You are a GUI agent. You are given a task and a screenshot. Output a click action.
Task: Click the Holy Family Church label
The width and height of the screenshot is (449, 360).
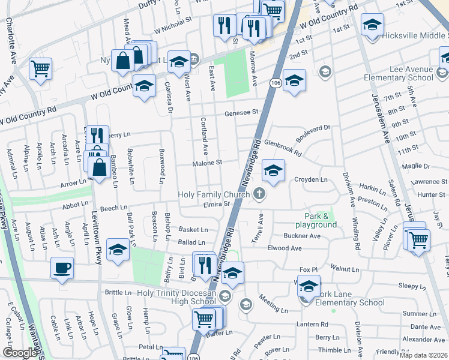tap(214, 194)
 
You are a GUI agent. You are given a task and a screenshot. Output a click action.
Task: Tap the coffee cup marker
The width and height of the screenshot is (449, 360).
tap(62, 268)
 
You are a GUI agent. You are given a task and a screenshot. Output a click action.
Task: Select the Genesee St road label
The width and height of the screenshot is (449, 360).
tap(241, 112)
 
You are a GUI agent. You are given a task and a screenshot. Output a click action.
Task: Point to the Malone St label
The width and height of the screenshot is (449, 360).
tap(207, 163)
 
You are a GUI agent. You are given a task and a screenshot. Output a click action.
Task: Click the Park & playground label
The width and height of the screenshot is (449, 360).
tap(320, 220)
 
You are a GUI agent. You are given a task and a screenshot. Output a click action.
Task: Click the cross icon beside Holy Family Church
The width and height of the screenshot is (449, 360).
tap(259, 193)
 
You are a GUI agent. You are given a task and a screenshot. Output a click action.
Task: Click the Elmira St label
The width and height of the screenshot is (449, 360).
tap(219, 204)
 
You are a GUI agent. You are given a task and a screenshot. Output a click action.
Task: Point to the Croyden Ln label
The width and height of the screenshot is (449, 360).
tap(311, 179)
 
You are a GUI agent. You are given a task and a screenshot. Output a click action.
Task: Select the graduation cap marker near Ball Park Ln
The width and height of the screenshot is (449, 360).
tap(118, 250)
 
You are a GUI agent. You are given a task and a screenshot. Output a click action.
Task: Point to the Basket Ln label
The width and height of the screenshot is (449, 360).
tap(193, 229)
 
